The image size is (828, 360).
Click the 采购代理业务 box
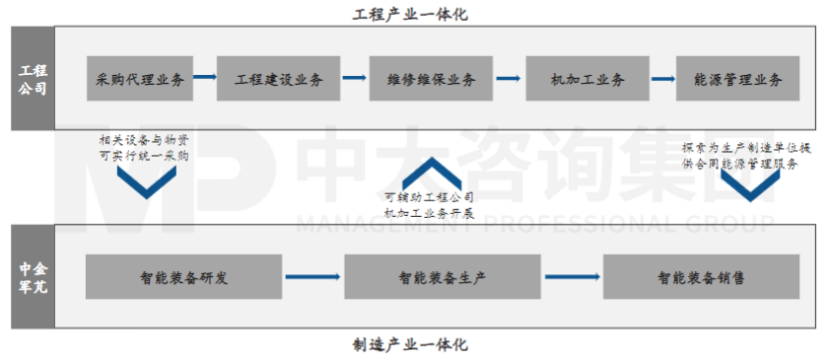140,80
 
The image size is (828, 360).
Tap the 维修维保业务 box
426,80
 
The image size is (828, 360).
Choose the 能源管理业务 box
731,80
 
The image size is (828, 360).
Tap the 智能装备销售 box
702,277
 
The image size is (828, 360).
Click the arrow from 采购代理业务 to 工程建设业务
205,76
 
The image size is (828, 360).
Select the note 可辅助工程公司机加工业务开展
428,205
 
